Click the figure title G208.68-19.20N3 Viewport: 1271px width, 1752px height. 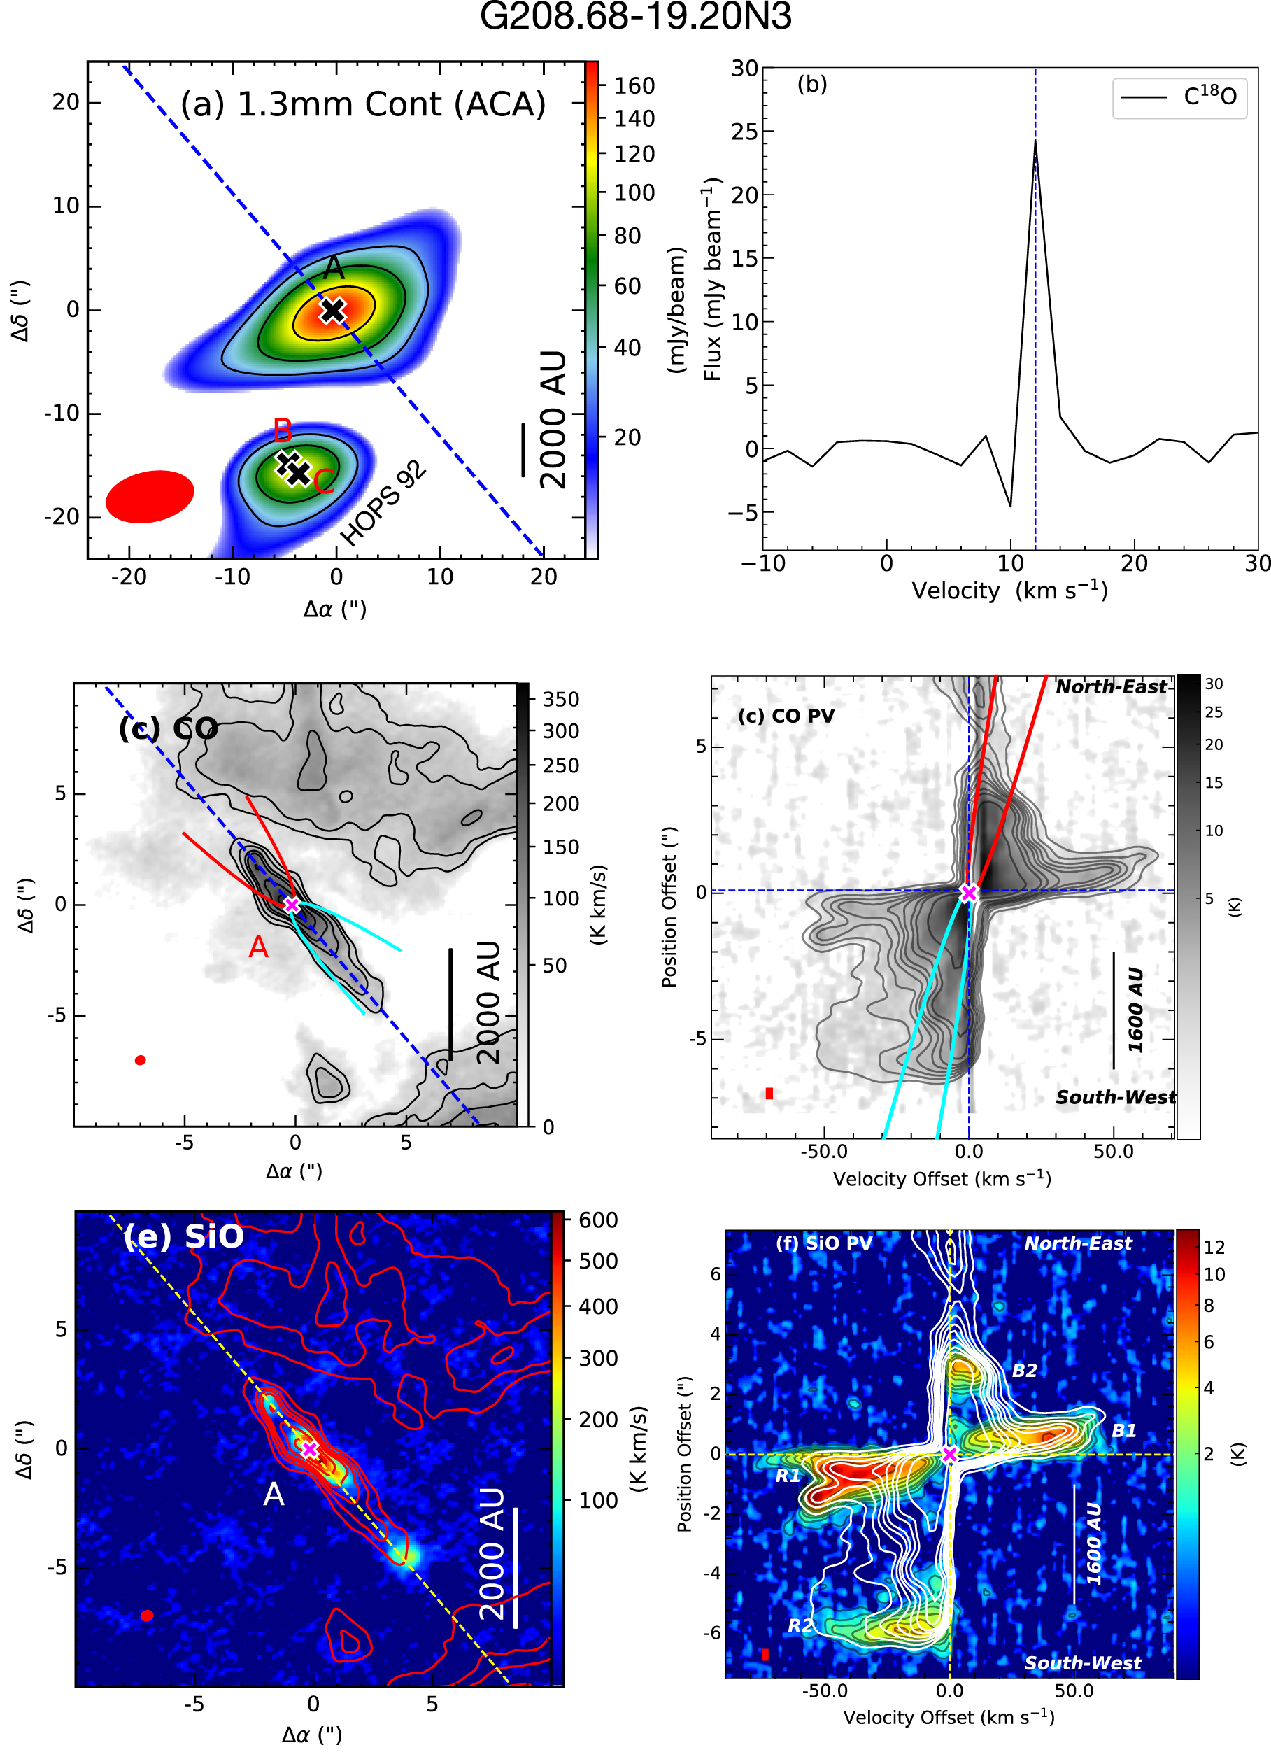click(634, 17)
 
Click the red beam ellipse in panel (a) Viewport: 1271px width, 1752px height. click(150, 497)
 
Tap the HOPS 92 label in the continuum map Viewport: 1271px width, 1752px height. click(383, 503)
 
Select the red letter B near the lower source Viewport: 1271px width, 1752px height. click(283, 430)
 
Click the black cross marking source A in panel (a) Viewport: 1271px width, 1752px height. click(333, 311)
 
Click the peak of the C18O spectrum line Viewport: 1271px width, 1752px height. click(1035, 141)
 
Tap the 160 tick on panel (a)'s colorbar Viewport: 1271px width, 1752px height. click(634, 86)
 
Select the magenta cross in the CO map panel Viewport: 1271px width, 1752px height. click(291, 905)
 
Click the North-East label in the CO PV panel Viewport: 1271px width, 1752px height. click(1111, 687)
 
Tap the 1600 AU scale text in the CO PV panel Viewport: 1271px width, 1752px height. click(1135, 1010)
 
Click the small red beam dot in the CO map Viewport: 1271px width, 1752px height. click(140, 1061)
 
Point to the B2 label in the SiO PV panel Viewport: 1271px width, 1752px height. click(1025, 1371)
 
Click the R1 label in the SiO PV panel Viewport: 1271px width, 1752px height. click(788, 1476)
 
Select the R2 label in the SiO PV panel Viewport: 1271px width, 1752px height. click(800, 1625)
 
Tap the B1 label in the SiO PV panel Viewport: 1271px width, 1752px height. click(1123, 1431)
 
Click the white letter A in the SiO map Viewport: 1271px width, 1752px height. click(274, 1495)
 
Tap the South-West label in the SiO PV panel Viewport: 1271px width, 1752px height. click(1083, 1662)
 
